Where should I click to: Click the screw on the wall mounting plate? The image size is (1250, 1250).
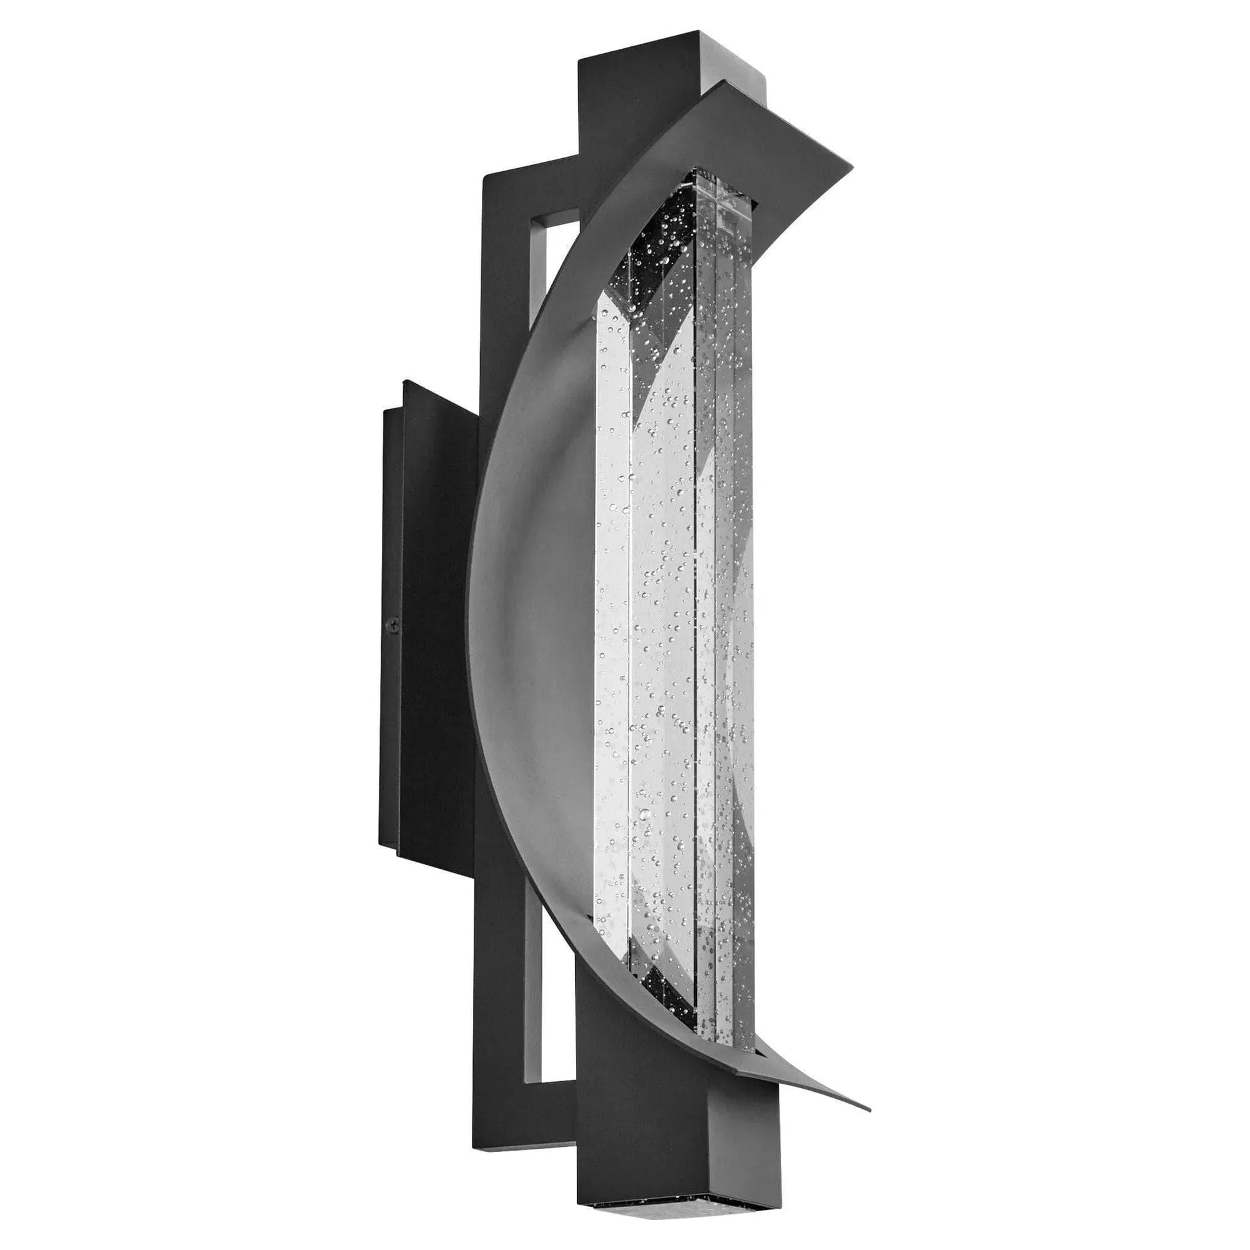(392, 625)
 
